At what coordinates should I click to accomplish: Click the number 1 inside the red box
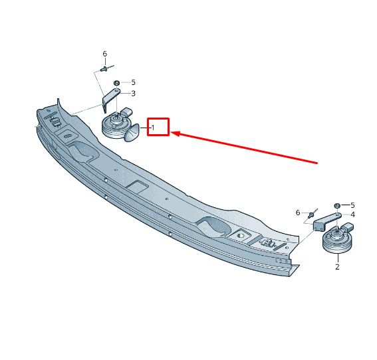click(153, 128)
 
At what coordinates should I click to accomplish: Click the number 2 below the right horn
click(337, 267)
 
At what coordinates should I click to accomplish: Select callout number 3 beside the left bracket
click(133, 93)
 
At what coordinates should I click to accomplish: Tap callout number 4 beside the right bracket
click(352, 215)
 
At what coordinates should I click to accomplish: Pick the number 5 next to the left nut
click(133, 82)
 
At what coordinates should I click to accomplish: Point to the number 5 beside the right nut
click(352, 205)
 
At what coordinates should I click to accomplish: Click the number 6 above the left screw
click(105, 54)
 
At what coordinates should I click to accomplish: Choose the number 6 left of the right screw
click(298, 213)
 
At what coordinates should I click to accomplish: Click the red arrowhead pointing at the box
click(175, 134)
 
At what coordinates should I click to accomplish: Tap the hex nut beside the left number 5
click(116, 83)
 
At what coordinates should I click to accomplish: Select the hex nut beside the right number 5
click(337, 206)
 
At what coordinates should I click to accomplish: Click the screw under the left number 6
click(104, 69)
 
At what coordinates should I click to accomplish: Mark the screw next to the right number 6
click(311, 215)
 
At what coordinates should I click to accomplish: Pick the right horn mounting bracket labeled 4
click(326, 221)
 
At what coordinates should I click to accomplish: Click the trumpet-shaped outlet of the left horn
click(132, 133)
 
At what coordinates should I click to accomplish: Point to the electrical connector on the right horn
click(348, 227)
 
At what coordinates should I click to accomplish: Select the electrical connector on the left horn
click(126, 112)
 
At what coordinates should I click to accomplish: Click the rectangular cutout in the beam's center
click(137, 187)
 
